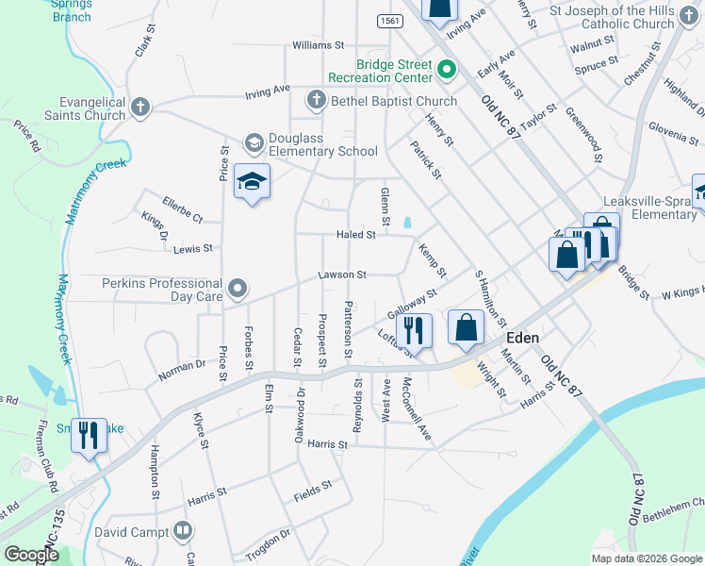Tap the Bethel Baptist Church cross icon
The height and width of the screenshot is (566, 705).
[x=316, y=100]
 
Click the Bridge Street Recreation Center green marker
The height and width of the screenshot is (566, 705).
[x=447, y=69]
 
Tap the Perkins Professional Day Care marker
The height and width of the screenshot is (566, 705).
[x=238, y=287]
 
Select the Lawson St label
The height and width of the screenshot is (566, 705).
[x=341, y=275]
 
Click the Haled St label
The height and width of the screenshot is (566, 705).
[x=357, y=235]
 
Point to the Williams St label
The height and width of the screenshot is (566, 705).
[x=319, y=44]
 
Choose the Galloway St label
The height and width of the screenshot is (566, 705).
[x=413, y=305]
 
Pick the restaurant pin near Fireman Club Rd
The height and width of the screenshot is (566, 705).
[x=90, y=435]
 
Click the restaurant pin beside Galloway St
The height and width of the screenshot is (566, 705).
[x=413, y=329]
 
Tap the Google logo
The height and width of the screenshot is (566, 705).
[x=31, y=555]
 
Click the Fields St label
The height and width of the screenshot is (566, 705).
[x=313, y=487]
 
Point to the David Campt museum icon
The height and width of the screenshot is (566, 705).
[x=183, y=533]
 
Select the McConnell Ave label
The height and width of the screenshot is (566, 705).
[x=416, y=409]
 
